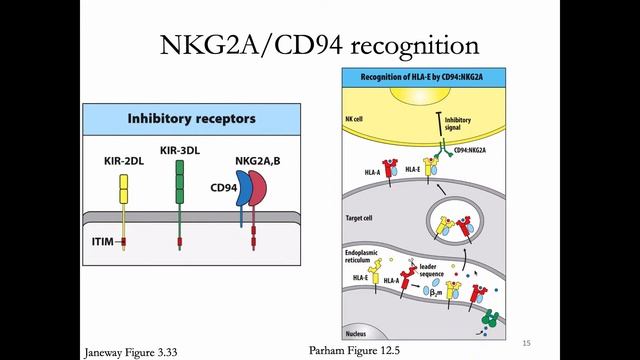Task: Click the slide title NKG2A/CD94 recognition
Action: [320, 45]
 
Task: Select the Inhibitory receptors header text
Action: [191, 119]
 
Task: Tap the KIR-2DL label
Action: [123, 159]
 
